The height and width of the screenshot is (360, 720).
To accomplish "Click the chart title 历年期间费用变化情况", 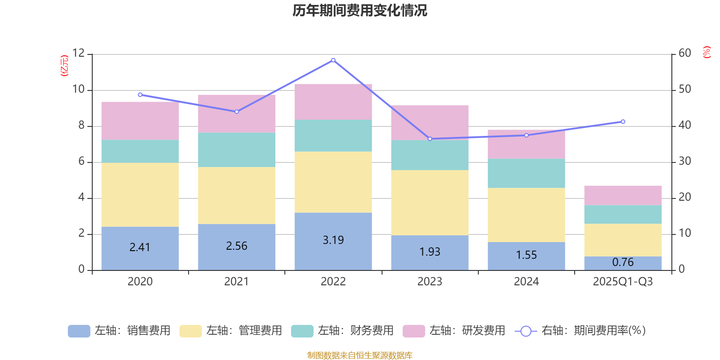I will [360, 10].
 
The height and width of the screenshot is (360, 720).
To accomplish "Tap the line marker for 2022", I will [333, 60].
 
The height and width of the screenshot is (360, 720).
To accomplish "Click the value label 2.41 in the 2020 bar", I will [140, 247].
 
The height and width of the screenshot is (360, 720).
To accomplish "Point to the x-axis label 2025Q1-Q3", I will [623, 282].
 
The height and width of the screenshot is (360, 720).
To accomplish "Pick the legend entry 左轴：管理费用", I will [231, 331].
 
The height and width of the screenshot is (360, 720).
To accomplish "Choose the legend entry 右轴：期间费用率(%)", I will [580, 331].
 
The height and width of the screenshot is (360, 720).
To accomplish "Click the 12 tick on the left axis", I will [78, 53].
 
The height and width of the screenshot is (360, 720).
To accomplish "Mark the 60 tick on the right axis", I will [685, 53].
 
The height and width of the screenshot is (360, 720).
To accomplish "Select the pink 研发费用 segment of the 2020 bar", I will [140, 121].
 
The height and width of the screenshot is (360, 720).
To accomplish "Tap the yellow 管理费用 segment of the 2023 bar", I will [430, 202].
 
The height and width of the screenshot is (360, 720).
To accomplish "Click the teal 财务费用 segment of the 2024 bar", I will [526, 173].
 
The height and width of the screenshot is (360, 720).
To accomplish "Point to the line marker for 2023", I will [430, 139].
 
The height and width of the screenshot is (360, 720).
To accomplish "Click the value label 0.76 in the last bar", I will [623, 262].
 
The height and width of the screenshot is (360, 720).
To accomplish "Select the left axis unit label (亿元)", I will [64, 66].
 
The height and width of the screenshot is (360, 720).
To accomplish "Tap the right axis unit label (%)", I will [707, 52].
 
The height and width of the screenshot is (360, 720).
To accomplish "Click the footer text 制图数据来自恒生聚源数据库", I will [360, 355].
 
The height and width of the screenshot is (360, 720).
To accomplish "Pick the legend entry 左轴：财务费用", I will [342, 331].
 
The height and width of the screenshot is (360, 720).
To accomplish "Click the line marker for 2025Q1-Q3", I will [623, 121].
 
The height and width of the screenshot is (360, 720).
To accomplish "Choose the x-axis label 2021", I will [236, 282].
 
